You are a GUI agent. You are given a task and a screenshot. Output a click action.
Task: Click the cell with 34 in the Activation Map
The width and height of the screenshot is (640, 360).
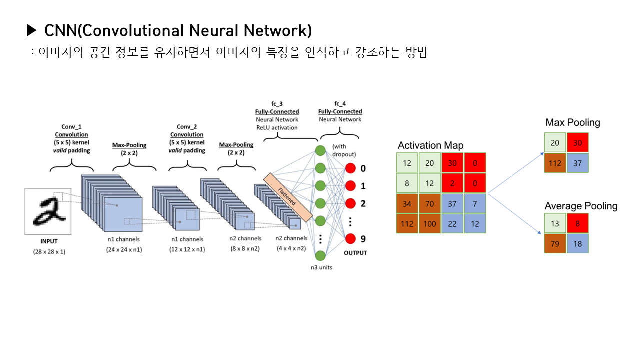pyautogui.click(x=407, y=203)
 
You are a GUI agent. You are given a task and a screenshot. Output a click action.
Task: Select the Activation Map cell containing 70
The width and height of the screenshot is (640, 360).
pyautogui.click(x=429, y=203)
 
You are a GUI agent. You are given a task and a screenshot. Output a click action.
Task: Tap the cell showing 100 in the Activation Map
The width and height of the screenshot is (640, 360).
pyautogui.click(x=429, y=223)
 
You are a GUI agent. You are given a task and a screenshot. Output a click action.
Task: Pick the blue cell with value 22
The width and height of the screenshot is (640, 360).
pyautogui.click(x=452, y=223)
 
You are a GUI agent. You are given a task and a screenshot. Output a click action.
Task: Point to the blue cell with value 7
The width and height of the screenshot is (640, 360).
pyautogui.click(x=475, y=203)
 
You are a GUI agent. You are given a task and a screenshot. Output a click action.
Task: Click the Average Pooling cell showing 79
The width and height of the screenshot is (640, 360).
pyautogui.click(x=555, y=243)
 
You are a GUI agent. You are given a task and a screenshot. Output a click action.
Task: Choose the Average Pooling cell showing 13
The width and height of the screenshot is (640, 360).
pyautogui.click(x=555, y=223)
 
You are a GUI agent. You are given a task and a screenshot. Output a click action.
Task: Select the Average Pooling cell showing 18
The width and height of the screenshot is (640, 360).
pyautogui.click(x=578, y=243)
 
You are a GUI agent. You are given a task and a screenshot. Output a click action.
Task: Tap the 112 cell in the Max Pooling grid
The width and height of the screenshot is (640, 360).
pyautogui.click(x=555, y=163)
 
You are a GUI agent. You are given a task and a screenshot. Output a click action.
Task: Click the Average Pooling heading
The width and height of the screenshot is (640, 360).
pyautogui.click(x=581, y=206)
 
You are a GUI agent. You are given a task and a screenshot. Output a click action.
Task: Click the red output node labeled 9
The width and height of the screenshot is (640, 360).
pyautogui.click(x=350, y=239)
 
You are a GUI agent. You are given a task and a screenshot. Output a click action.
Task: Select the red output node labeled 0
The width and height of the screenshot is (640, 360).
pyautogui.click(x=350, y=168)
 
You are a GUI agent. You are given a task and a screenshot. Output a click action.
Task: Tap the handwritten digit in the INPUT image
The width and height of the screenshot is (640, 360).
pyautogui.click(x=47, y=211)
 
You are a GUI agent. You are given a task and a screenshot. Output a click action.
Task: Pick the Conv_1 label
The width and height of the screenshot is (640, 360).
pyautogui.click(x=71, y=127)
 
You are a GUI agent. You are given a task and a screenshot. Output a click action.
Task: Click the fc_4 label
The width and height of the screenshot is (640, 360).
pyautogui.click(x=340, y=104)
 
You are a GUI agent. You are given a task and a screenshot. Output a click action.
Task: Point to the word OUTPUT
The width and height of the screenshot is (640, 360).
pyautogui.click(x=355, y=253)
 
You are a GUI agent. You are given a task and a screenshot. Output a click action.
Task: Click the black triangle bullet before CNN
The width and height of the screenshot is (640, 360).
pyautogui.click(x=32, y=31)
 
